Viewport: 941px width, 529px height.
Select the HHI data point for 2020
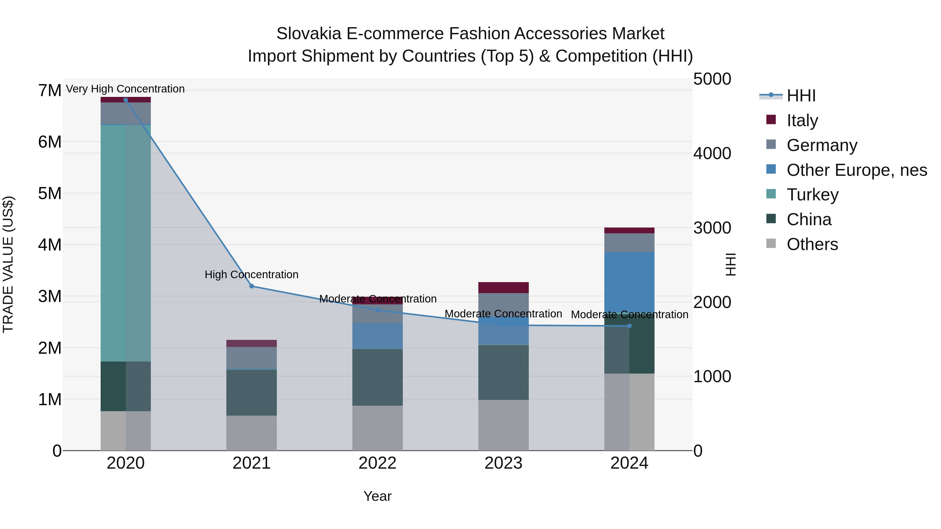click(x=126, y=100)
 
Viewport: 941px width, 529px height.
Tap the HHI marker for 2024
click(x=629, y=326)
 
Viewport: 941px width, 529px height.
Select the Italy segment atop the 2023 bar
click(x=503, y=288)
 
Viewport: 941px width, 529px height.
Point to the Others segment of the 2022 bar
click(x=377, y=428)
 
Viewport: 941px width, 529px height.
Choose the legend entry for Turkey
click(x=812, y=195)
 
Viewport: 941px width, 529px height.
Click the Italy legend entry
click(x=802, y=120)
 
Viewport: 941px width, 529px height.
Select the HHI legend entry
click(x=801, y=96)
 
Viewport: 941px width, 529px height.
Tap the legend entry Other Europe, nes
click(x=857, y=170)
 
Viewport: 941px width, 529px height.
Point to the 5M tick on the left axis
click(x=50, y=194)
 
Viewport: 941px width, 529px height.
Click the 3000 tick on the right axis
click(x=712, y=228)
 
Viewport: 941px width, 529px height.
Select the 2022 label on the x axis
click(x=377, y=463)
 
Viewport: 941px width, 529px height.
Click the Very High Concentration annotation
click(x=125, y=89)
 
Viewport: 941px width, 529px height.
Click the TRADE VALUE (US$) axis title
click(x=8, y=264)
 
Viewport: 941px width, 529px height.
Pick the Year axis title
click(x=377, y=496)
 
